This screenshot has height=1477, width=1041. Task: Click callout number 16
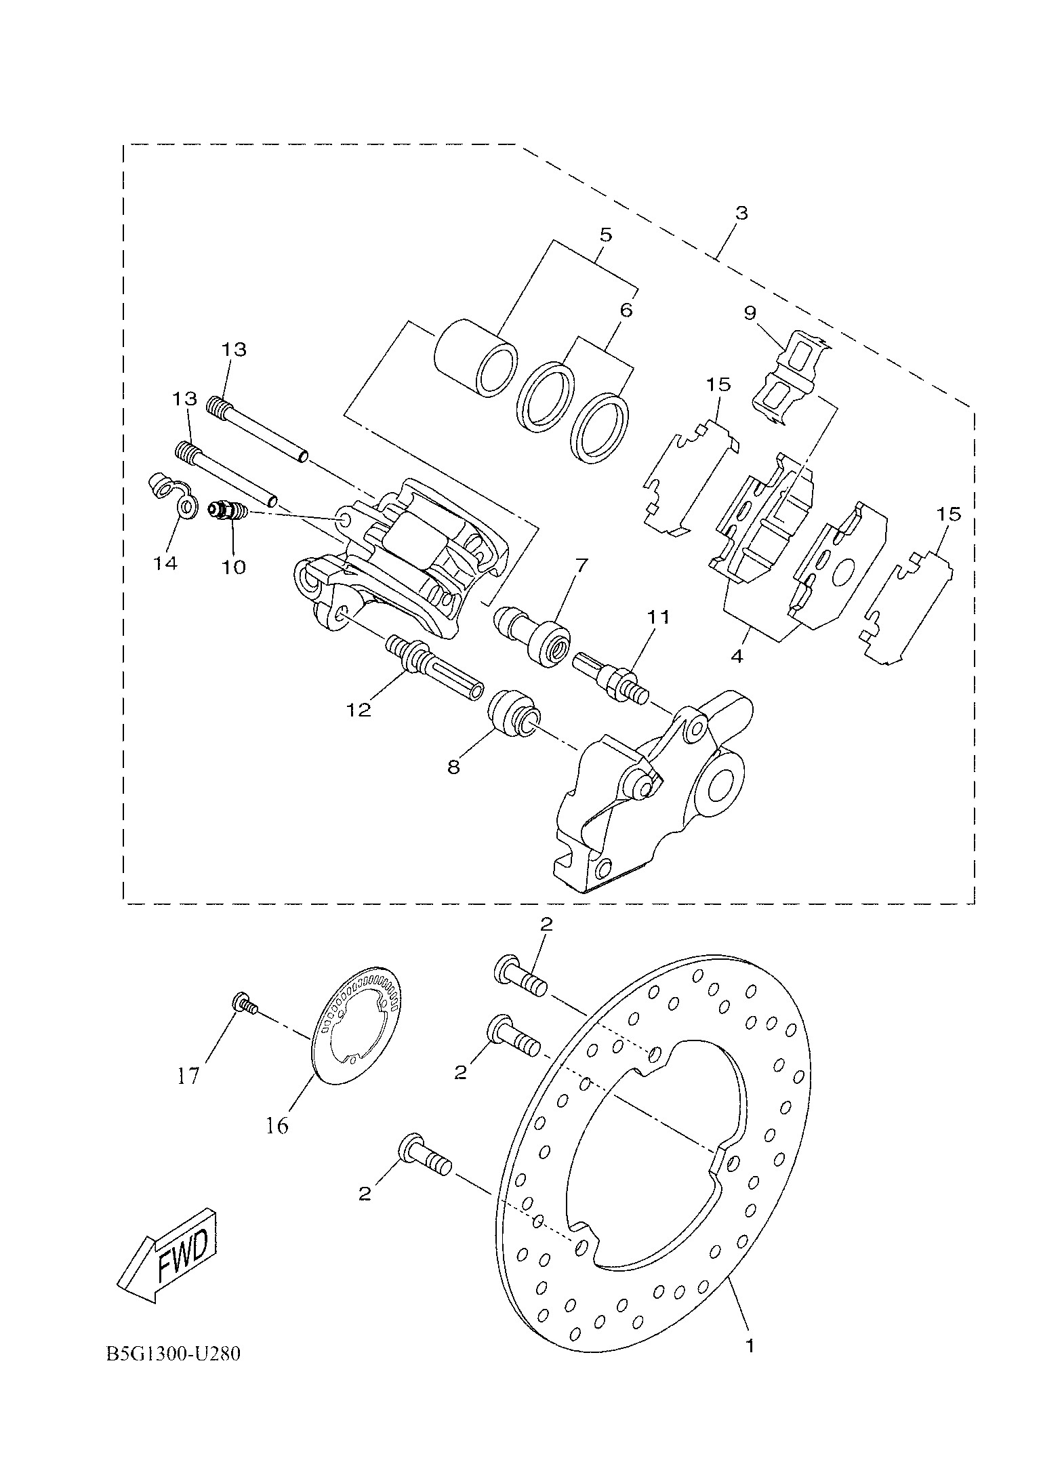coord(277,1126)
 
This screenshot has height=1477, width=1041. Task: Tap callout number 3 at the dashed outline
coord(741,213)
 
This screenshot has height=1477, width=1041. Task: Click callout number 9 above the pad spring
coord(750,313)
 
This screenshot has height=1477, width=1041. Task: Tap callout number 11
coord(657,617)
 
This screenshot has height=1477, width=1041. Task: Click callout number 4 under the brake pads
coord(737,656)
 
